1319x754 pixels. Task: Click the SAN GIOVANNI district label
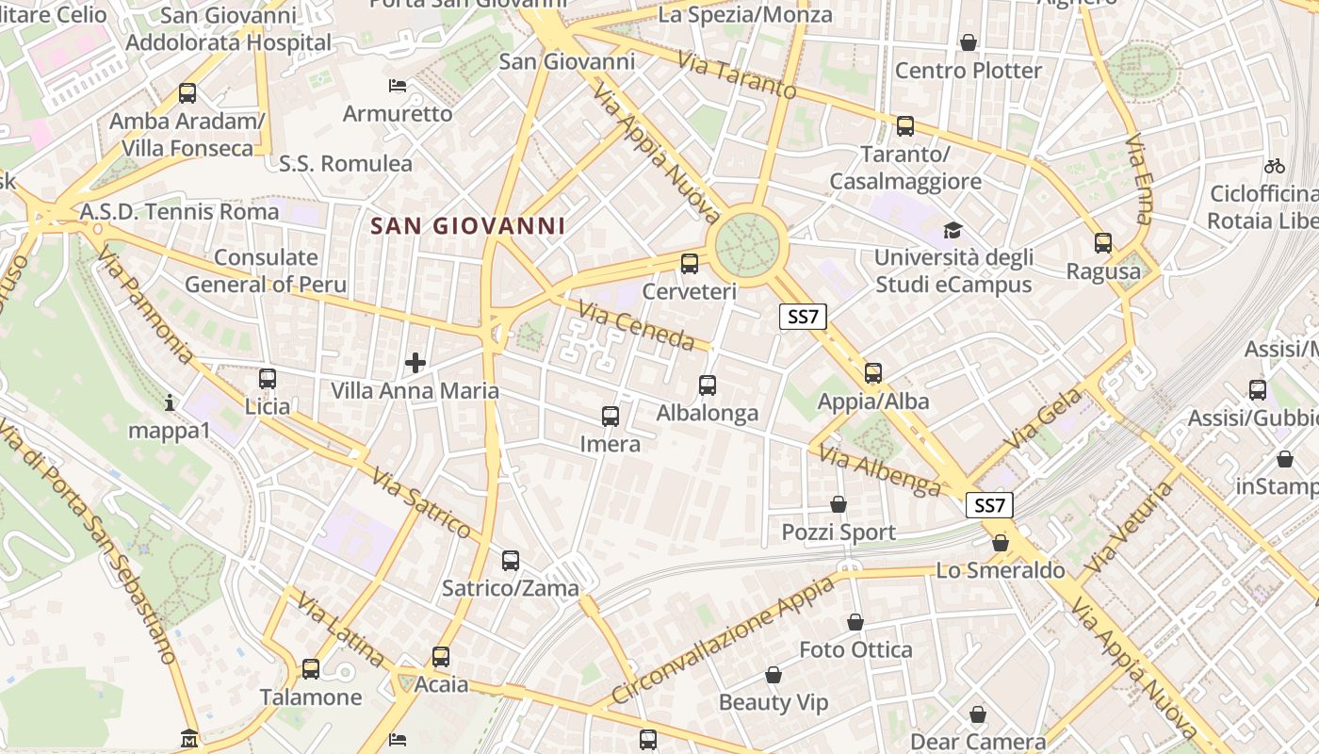(468, 226)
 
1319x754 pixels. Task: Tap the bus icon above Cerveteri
(690, 264)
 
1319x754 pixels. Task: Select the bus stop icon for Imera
(611, 416)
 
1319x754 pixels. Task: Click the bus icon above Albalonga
(708, 385)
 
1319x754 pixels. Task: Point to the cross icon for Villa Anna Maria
(415, 362)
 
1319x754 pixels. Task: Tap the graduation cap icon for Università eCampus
(953, 230)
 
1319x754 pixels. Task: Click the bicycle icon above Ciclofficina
(1275, 166)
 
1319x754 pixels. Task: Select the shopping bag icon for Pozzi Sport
(839, 505)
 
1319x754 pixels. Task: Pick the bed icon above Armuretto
(398, 86)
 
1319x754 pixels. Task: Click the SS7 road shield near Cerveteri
(803, 317)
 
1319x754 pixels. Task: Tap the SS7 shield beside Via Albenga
(989, 505)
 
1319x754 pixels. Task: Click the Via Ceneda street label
(636, 325)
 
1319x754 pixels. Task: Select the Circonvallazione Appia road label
(723, 641)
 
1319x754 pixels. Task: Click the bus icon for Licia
(268, 379)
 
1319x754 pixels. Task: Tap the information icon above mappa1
(170, 403)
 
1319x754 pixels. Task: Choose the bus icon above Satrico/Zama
(511, 561)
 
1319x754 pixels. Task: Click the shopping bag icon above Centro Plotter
(968, 42)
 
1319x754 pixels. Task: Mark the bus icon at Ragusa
(1103, 243)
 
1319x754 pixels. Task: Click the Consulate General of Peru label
(266, 270)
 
